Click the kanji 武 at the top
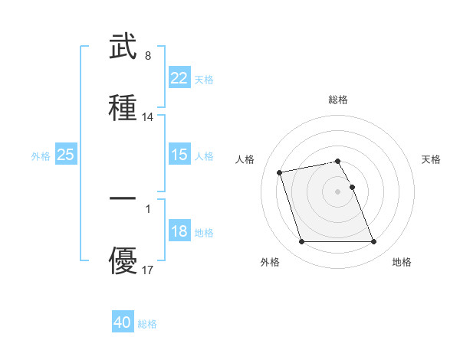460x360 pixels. [123, 47]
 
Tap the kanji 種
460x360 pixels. [123, 107]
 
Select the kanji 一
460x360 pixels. [123, 198]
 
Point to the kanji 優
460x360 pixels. [123, 261]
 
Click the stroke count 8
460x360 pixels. [147, 56]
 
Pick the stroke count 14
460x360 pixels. [148, 117]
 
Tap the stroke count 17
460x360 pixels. [148, 270]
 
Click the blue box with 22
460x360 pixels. [179, 78]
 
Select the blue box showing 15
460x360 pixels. [179, 155]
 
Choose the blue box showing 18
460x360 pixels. [179, 231]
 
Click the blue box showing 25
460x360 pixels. [65, 155]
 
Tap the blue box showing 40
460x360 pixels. [122, 323]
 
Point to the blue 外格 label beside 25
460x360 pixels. [41, 156]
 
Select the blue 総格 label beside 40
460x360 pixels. [147, 325]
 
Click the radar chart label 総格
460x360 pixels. [338, 100]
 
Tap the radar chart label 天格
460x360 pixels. [431, 159]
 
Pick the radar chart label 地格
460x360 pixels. [402, 263]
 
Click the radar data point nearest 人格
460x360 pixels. [280, 172]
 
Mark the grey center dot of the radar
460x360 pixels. [338, 191]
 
